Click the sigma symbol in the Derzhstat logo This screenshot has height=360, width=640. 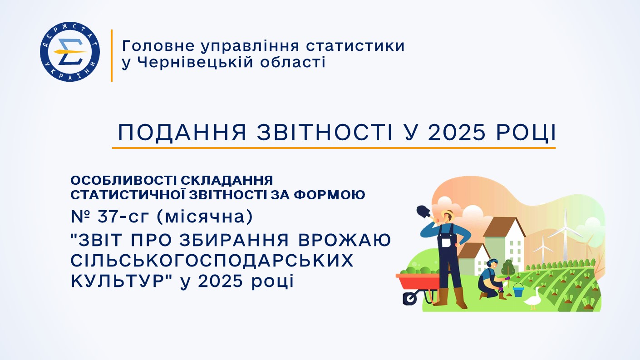coord(70,51)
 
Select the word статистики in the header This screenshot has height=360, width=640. coord(355,46)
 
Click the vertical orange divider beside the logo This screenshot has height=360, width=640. coord(111,55)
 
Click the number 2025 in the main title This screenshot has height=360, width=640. coord(457,133)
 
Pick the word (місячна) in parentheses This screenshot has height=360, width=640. coord(205,217)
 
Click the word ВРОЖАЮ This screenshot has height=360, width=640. coord(345,240)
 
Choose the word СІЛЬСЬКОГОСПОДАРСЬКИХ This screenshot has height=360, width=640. coord(212,261)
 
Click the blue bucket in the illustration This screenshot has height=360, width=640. coord(518,290)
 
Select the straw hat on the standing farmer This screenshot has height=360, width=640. coord(448,213)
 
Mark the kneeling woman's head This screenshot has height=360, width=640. coord(492,263)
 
